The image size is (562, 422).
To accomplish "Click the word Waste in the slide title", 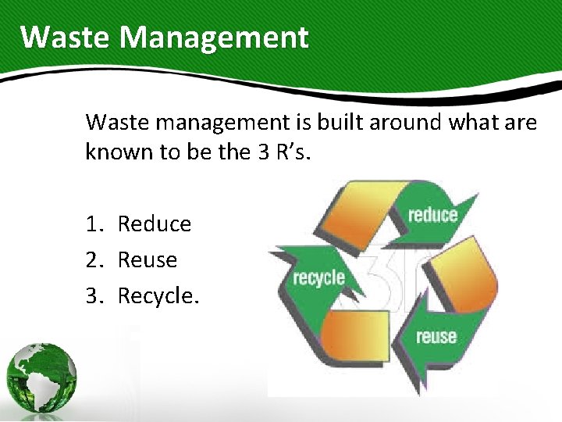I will [64, 37].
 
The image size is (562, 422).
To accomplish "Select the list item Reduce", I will [154, 224].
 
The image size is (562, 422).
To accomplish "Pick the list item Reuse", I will [147, 260].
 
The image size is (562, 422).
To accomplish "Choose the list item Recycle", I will [158, 296].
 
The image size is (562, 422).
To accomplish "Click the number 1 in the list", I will [92, 224].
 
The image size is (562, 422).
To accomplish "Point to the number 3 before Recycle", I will [92, 296].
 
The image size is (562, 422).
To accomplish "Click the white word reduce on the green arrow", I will [432, 215].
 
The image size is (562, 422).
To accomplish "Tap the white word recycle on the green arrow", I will [318, 277].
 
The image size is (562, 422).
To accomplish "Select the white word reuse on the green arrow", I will [436, 337].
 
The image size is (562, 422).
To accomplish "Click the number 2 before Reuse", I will [92, 260].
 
